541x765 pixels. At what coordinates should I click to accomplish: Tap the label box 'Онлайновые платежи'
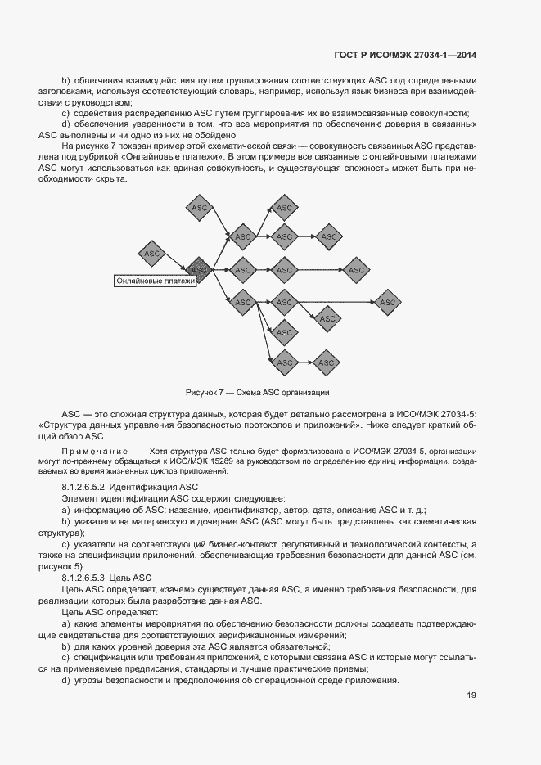[156, 281]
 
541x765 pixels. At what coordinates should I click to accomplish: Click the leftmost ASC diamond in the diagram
[152, 254]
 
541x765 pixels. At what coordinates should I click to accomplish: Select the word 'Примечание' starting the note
[94, 451]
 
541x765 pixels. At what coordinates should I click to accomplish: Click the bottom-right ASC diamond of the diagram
[327, 362]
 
